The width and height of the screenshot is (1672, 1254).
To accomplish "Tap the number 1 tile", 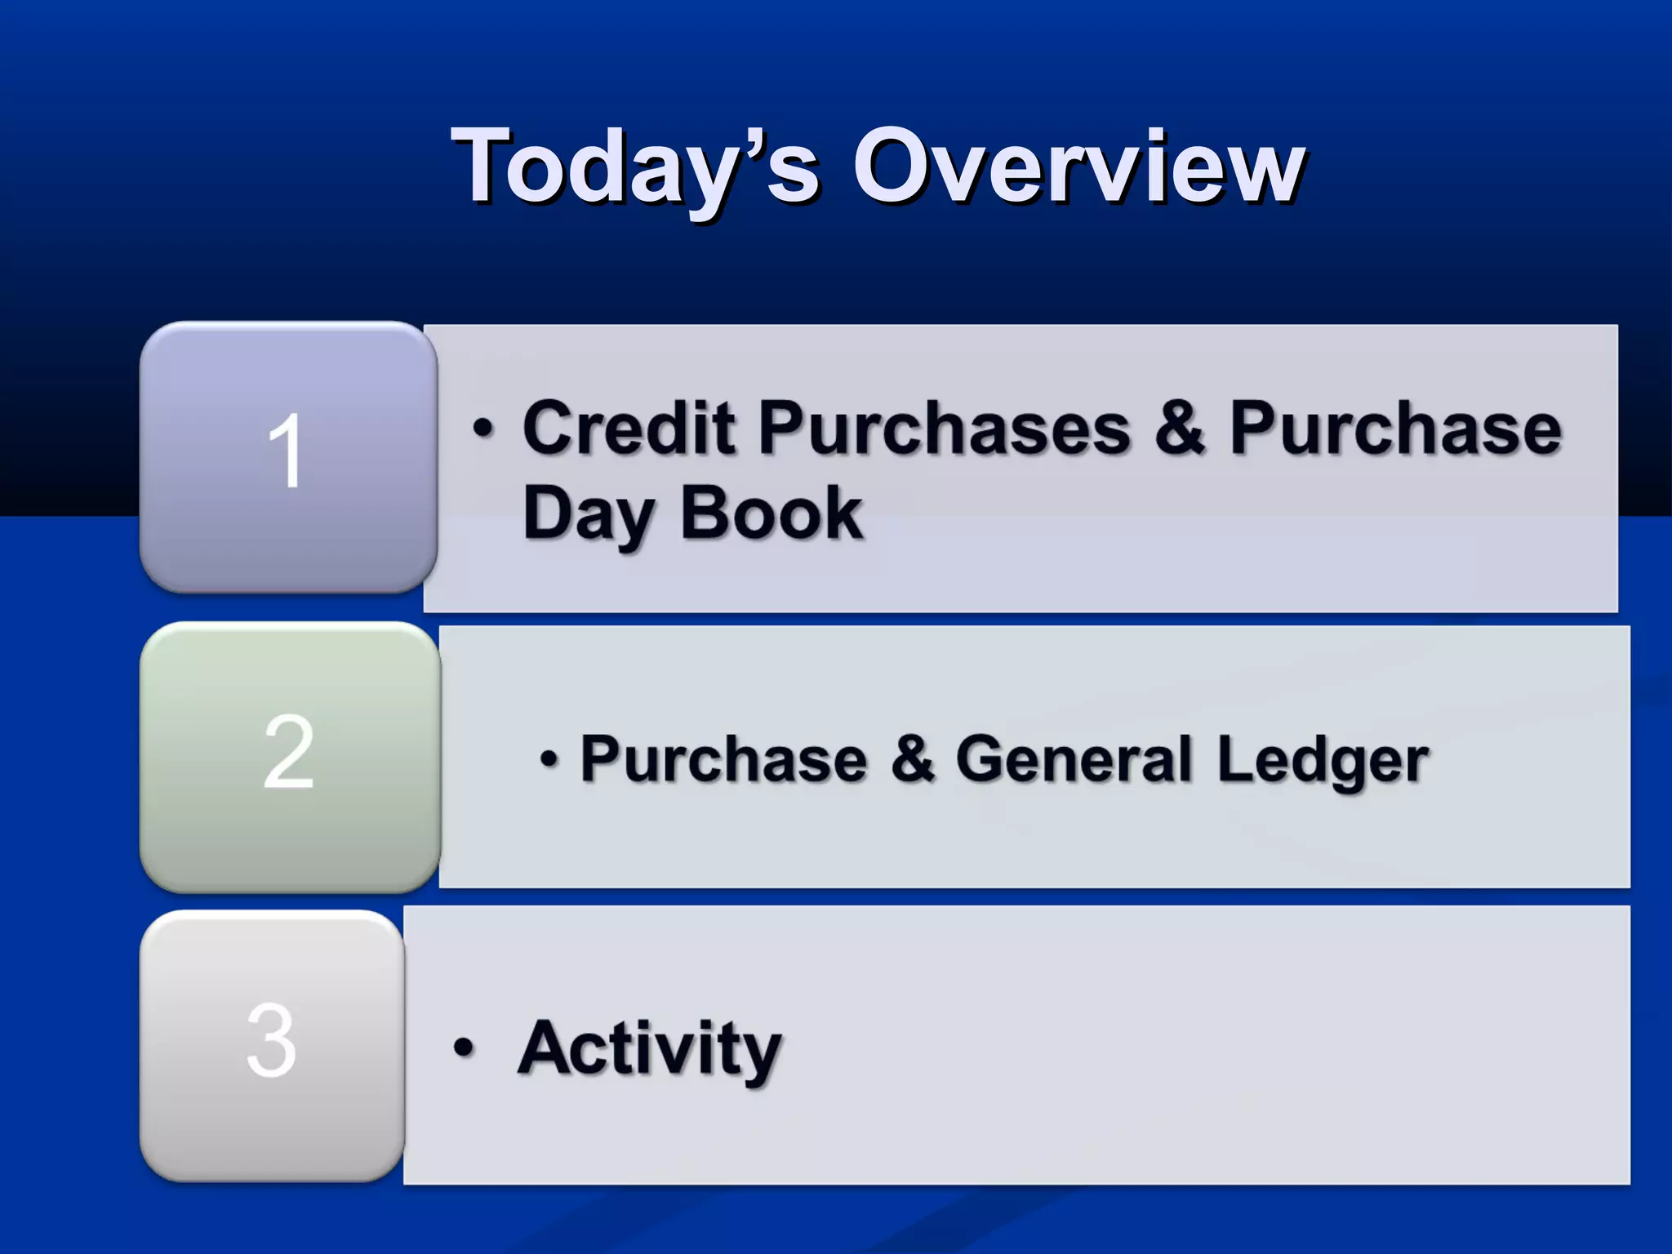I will pyautogui.click(x=288, y=456).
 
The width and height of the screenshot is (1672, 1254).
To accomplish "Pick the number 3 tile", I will pyautogui.click(x=272, y=1045).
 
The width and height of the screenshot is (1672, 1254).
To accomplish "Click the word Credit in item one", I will pyautogui.click(x=628, y=428).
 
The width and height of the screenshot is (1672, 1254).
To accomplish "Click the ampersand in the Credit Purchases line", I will pyautogui.click(x=1179, y=428).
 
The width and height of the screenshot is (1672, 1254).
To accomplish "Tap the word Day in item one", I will pyautogui.click(x=589, y=514).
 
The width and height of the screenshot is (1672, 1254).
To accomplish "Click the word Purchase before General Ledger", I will pyautogui.click(x=723, y=759).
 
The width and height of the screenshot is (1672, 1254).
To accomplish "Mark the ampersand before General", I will pyautogui.click(x=912, y=758).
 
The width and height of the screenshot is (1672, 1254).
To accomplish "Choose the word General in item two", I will pyautogui.click(x=1074, y=759).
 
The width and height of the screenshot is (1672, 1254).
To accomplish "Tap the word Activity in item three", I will pyautogui.click(x=649, y=1050).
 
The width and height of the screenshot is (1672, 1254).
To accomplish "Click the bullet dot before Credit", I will pyautogui.click(x=483, y=429).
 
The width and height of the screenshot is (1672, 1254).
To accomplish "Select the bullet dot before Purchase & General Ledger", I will pyautogui.click(x=549, y=760).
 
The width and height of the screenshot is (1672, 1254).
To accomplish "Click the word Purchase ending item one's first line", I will pyautogui.click(x=1395, y=429).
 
